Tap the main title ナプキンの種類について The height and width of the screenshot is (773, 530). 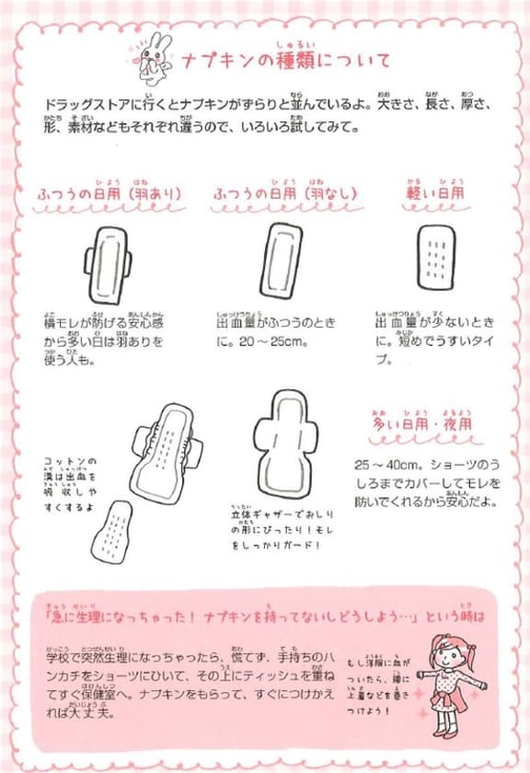(x=284, y=62)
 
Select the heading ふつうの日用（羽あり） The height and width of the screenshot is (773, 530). (x=109, y=194)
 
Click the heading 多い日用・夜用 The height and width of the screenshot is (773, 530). (x=422, y=426)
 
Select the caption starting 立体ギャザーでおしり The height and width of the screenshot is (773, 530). (x=276, y=532)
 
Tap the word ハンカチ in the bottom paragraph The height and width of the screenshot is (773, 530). (x=63, y=675)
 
